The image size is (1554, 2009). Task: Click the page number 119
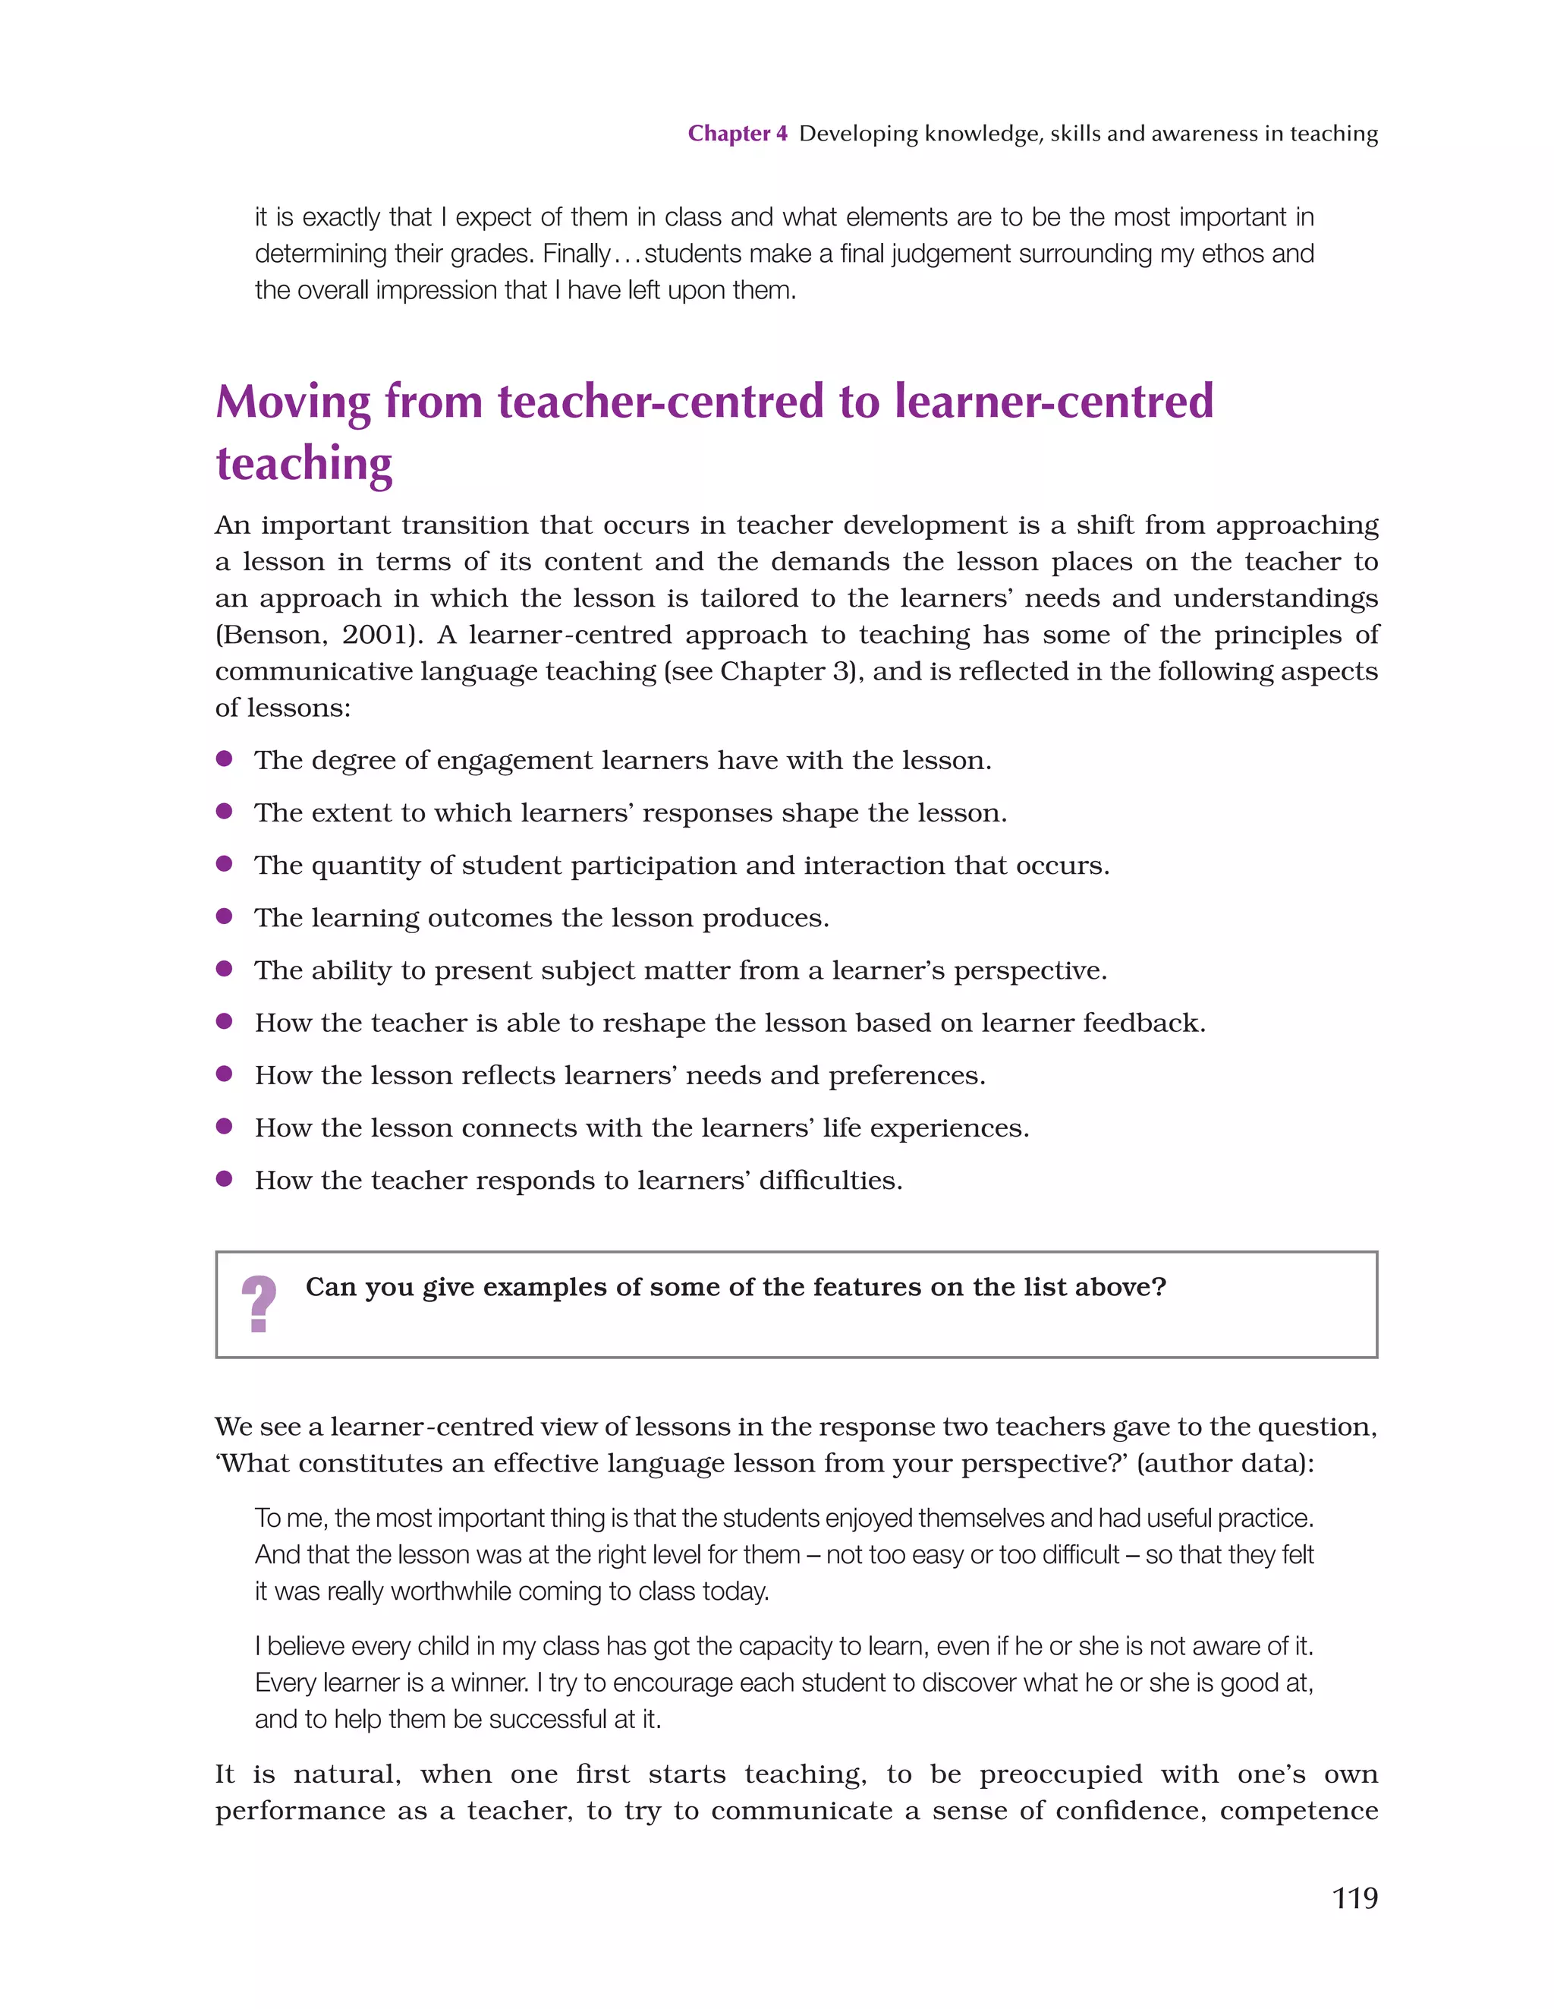(1354, 1897)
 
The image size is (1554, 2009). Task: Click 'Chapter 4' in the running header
(738, 134)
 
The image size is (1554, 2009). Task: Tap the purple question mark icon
(259, 1304)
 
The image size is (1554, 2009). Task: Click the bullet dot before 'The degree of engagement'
(223, 759)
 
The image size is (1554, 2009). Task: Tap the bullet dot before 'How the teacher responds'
(223, 1179)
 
